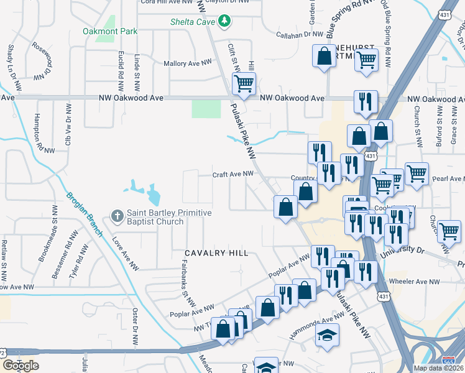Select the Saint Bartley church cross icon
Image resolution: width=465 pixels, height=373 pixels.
tap(116, 216)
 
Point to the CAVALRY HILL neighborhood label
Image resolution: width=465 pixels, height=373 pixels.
tap(216, 253)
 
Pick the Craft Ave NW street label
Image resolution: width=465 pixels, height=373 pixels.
tap(233, 175)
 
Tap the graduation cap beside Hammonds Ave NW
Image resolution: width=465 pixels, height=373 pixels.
tap(326, 337)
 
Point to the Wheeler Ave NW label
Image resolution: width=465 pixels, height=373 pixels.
tap(414, 282)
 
